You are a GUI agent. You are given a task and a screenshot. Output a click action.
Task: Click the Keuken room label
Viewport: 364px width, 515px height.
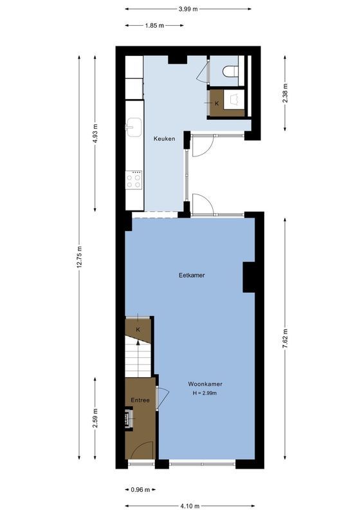pos(164,138)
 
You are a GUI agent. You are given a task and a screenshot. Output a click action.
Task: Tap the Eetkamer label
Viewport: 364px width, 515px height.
pos(192,275)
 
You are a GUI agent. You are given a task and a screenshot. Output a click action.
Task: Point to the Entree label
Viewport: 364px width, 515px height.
pos(140,400)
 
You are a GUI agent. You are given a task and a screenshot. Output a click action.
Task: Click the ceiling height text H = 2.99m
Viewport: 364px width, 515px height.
pos(205,393)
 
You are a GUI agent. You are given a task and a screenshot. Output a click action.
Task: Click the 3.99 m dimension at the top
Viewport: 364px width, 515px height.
pos(188,9)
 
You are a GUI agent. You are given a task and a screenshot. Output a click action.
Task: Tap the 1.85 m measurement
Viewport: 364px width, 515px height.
pos(154,26)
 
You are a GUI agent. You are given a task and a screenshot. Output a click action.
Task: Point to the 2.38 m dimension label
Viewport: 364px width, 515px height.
pos(286,94)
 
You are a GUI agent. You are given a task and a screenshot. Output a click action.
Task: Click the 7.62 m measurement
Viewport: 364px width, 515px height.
pos(286,337)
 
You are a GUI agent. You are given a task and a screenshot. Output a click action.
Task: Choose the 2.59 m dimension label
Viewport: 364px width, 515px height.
pos(95,418)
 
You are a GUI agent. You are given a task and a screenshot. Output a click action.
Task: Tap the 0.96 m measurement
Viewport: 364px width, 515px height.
pos(140,490)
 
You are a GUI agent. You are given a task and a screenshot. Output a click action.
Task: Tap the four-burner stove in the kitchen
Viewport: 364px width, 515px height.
pos(134,180)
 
